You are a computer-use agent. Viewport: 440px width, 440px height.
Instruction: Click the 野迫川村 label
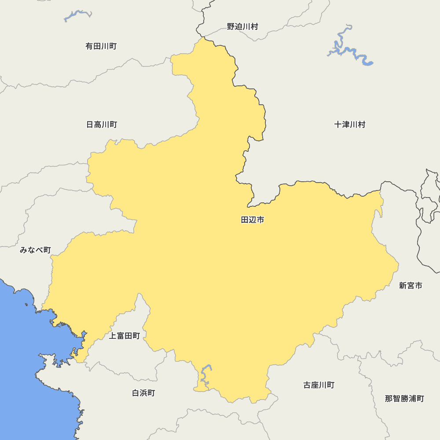[x=242, y=27]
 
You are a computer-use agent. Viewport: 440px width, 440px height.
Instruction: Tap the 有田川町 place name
[x=101, y=46]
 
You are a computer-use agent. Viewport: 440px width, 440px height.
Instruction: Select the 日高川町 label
[x=102, y=125]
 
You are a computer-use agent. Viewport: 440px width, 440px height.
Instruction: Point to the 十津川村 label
[x=350, y=125]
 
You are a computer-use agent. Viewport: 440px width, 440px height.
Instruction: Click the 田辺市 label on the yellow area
[x=253, y=220]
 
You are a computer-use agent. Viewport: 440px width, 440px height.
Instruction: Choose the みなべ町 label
[x=35, y=250]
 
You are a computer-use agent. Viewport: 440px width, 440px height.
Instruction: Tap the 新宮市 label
[x=411, y=286]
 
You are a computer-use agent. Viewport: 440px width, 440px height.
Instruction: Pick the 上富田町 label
[x=125, y=336]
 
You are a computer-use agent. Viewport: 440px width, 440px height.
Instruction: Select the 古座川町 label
[x=319, y=385]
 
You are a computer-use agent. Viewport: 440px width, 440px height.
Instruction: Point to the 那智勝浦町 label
[x=404, y=399]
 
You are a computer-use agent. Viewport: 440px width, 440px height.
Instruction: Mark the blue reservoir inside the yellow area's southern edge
[x=205, y=374]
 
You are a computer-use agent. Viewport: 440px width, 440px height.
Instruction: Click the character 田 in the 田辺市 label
[x=245, y=220]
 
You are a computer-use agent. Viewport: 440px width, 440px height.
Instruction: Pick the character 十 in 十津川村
[x=338, y=125]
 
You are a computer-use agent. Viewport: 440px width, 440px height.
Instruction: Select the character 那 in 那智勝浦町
[x=389, y=399]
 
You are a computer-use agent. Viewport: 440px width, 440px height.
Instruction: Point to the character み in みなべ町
[x=24, y=250]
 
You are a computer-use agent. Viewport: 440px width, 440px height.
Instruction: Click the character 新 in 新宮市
[x=403, y=286]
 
